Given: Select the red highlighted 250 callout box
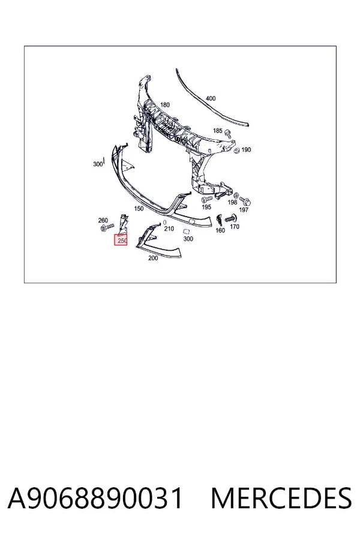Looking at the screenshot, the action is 121,240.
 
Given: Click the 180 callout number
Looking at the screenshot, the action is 164,104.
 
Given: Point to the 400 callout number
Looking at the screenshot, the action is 211,98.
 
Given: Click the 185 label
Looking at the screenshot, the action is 217,131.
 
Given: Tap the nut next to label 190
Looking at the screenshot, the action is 236,150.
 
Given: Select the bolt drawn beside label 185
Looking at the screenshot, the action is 227,133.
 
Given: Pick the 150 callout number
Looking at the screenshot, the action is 139,208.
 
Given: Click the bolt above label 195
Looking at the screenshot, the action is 206,199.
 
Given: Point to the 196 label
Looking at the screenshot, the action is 232,202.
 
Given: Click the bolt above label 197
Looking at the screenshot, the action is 245,200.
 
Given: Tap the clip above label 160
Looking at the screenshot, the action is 219,220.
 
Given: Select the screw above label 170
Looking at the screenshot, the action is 230,218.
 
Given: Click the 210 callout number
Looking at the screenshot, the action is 169,229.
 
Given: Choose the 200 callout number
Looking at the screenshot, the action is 153,258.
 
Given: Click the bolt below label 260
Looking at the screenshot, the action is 107,227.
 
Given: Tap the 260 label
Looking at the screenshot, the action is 103,220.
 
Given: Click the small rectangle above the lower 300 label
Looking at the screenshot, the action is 187,232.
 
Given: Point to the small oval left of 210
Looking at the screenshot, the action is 164,223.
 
